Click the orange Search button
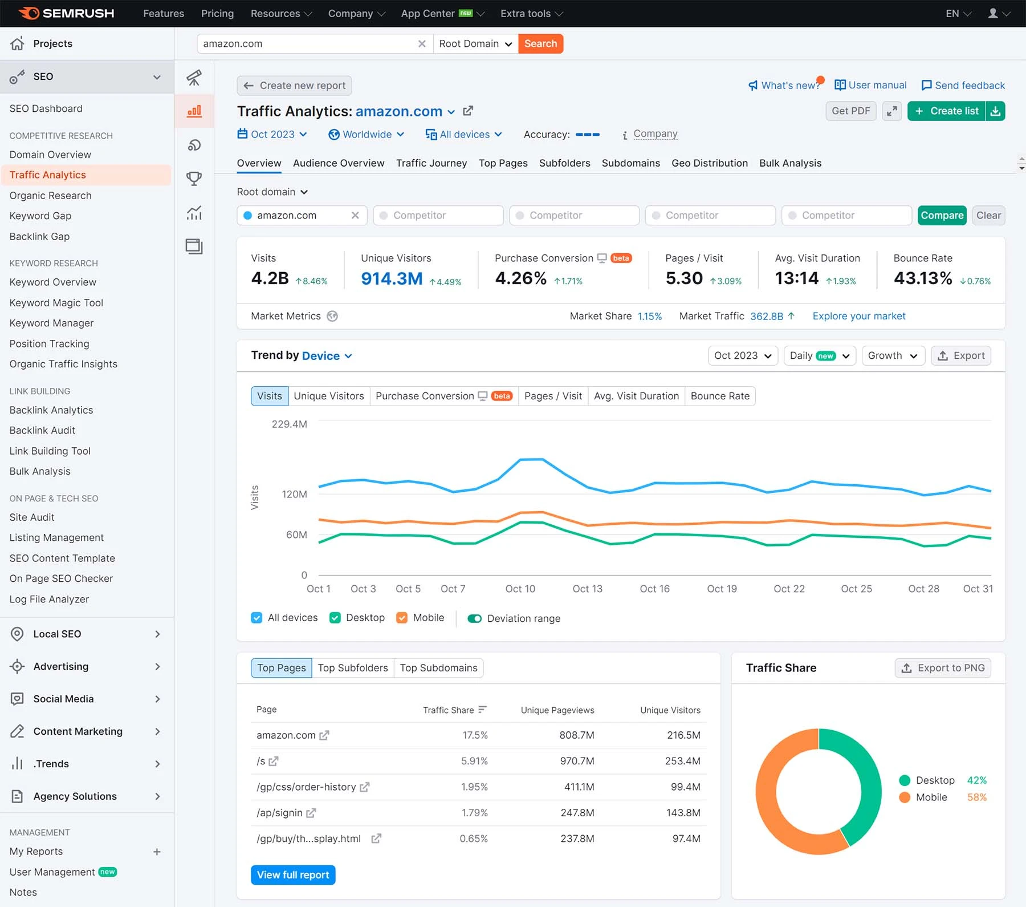coord(540,44)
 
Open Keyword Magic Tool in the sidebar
coord(56,303)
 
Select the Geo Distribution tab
coord(709,163)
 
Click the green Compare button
coord(942,216)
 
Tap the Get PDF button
coord(850,111)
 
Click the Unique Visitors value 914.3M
coord(392,278)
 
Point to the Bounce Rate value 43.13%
coord(922,278)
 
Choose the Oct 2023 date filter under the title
coord(272,135)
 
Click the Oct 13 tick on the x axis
coord(587,589)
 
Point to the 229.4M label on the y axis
coord(289,424)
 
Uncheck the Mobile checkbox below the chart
coord(402,618)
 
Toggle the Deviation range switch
coord(474,618)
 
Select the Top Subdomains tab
coord(438,668)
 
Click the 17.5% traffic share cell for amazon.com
coord(475,735)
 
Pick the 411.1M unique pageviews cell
coord(579,787)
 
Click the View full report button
coord(293,875)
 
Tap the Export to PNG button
coord(943,668)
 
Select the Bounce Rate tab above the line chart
coord(720,396)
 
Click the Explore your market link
coord(858,316)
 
